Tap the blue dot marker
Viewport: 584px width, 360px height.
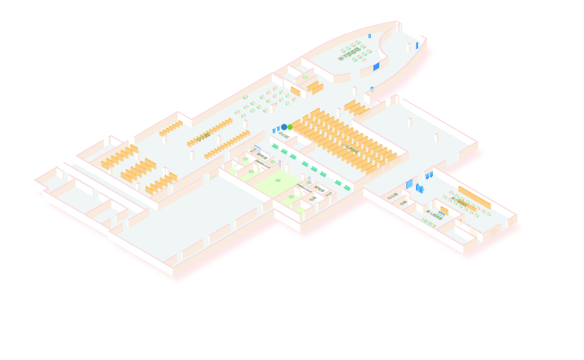click(284, 127)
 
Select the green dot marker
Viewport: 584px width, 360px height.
click(290, 127)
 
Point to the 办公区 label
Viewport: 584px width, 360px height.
click(283, 135)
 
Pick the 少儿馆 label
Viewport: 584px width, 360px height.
click(204, 136)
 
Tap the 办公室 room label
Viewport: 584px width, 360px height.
click(393, 196)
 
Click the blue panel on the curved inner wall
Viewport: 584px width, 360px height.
click(376, 66)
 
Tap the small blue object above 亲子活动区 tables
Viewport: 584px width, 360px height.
click(369, 36)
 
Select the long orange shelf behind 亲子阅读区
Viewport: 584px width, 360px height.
click(474, 197)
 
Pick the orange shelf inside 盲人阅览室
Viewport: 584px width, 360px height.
click(444, 210)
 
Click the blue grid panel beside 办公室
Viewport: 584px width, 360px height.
click(409, 184)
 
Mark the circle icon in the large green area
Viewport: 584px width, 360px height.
click(278, 180)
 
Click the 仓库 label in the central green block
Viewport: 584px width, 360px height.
click(313, 198)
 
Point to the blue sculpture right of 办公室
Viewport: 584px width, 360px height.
click(419, 188)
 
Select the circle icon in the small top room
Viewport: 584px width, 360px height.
click(305, 78)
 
